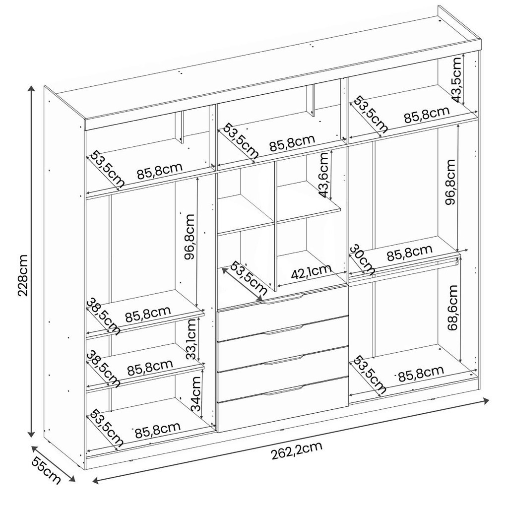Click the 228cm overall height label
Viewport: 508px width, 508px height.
[23, 275]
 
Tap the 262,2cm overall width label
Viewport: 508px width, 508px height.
[297, 451]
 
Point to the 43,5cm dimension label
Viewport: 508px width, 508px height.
[456, 79]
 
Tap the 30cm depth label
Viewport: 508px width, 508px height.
[363, 259]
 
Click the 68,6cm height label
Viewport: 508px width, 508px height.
[452, 307]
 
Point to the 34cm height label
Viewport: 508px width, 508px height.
[195, 393]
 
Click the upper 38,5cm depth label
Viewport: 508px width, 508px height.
[104, 316]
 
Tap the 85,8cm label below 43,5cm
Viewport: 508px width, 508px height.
[427, 114]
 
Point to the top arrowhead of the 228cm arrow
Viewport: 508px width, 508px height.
[31, 88]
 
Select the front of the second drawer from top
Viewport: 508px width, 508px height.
[282, 328]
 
